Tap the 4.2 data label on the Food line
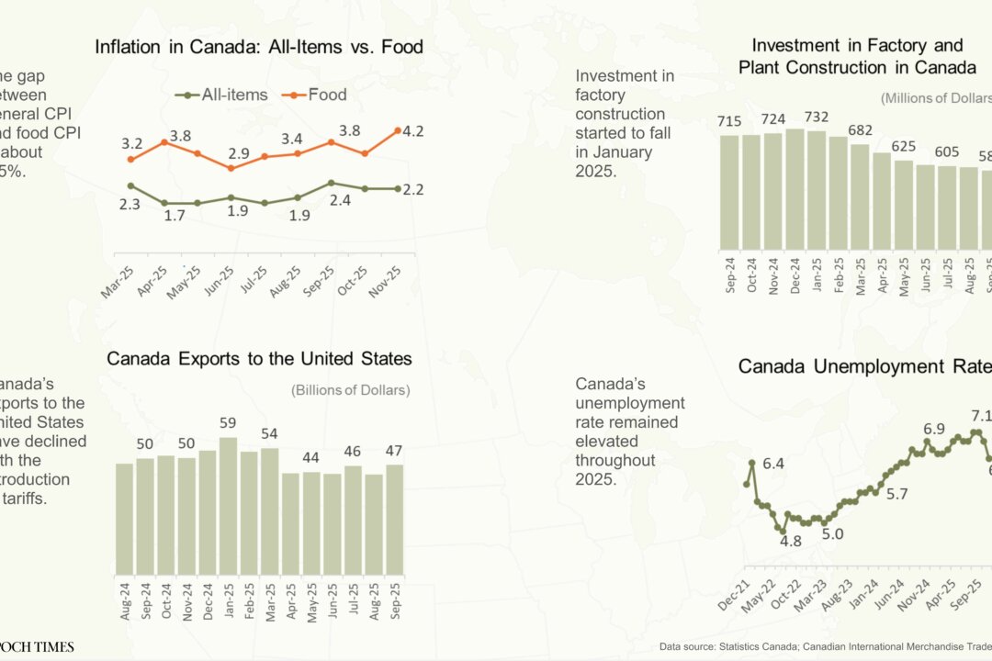click(412, 131)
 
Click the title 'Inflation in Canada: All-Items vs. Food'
click(259, 47)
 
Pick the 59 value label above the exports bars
click(229, 423)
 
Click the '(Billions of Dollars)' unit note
click(351, 390)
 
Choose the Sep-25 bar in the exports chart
click(394, 519)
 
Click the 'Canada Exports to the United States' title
click(259, 358)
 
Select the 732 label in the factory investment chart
click(816, 117)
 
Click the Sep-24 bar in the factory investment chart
click(729, 192)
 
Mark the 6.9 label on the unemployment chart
click(934, 429)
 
